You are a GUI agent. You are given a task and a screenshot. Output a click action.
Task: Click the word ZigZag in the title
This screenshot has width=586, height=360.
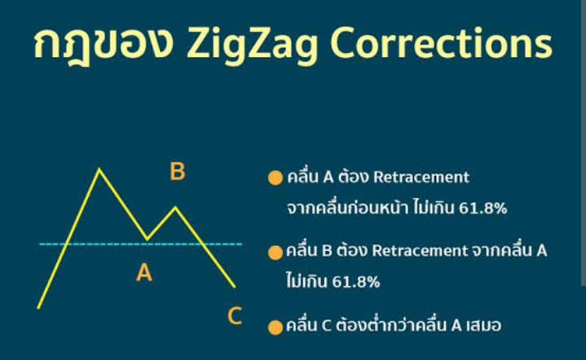coord(253,44)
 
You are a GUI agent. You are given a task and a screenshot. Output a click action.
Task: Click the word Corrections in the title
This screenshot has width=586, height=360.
coord(442,43)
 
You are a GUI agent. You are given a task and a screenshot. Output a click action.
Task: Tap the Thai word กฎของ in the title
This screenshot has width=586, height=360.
coord(104,44)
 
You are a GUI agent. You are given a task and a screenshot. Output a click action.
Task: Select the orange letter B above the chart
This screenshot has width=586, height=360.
coord(178,171)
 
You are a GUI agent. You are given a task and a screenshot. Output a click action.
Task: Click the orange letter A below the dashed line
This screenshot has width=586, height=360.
coord(144,272)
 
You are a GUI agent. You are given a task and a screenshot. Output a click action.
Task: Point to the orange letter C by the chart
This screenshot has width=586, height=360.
coord(235,316)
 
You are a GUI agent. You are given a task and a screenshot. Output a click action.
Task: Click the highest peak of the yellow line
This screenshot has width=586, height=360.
coord(99,169)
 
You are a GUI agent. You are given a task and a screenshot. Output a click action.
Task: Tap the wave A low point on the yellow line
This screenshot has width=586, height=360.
coord(148,239)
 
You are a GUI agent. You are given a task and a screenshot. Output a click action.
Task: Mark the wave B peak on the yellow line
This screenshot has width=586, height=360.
coord(175,207)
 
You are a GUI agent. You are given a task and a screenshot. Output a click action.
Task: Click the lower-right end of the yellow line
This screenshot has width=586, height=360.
coord(235,287)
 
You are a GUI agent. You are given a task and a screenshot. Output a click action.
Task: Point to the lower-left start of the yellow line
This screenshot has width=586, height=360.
coord(38,308)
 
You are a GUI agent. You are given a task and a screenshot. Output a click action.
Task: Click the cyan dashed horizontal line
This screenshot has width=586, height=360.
coord(141,244)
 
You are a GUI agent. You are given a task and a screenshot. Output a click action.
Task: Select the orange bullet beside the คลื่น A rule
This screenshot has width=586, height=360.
coord(275,178)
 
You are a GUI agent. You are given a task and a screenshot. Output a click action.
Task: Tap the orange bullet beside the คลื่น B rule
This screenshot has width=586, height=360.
coord(275,252)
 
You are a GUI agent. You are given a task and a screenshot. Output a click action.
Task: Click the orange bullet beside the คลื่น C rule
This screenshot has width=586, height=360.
coord(275,327)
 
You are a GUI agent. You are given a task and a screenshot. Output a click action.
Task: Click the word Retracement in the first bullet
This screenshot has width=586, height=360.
coord(421,177)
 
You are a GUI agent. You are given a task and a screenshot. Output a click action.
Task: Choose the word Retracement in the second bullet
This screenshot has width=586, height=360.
coord(420,251)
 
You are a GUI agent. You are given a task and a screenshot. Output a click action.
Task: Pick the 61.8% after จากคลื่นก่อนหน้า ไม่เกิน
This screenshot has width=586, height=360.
coord(482,208)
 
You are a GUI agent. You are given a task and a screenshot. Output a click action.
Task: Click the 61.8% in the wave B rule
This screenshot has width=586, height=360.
coord(356,282)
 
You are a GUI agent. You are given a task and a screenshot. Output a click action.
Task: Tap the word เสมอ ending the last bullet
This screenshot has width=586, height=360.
coord(484,326)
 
